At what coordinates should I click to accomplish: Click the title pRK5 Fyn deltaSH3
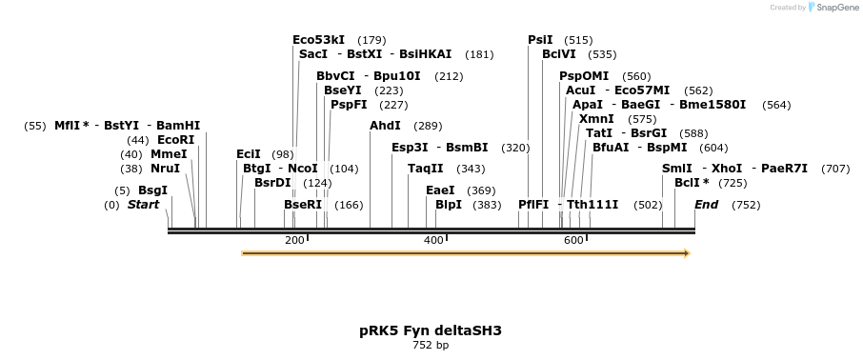(431, 330)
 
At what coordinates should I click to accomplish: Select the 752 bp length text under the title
(431, 345)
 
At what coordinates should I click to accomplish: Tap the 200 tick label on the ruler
(294, 240)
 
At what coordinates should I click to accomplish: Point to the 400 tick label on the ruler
(433, 240)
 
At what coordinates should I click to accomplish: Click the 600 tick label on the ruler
(573, 240)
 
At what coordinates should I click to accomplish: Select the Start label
(143, 205)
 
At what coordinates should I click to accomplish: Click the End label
(706, 205)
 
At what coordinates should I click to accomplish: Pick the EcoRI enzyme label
(175, 140)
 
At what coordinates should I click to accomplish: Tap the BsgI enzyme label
(152, 190)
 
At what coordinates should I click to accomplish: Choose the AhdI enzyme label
(385, 126)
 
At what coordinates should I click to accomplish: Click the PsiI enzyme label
(540, 40)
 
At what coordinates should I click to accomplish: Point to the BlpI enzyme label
(448, 205)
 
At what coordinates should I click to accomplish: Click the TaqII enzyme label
(425, 169)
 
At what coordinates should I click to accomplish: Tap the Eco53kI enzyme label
(320, 40)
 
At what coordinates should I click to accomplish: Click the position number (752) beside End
(746, 205)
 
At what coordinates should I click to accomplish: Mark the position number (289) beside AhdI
(428, 126)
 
